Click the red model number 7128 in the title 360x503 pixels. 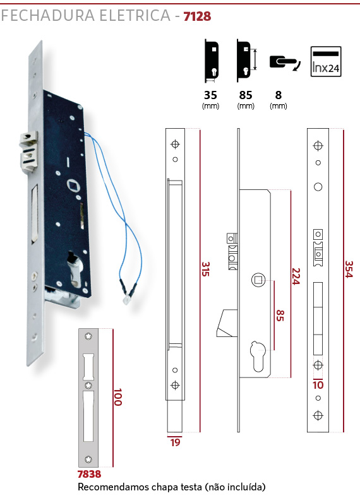tap(197, 16)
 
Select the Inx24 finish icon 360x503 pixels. tap(326, 62)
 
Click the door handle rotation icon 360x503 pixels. tap(285, 62)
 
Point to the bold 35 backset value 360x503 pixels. tap(210, 95)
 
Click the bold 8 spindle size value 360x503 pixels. tap(278, 95)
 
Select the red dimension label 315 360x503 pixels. tap(205, 269)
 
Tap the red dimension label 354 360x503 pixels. tap(349, 269)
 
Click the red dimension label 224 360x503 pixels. tap(296, 276)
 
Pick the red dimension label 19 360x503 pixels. tap(175, 442)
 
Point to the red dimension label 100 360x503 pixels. tap(118, 397)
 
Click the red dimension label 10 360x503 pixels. tap(318, 385)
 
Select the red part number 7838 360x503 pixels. tap(89, 474)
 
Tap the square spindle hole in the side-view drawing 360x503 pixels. tap(258, 280)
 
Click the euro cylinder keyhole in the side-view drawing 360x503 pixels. tap(258, 355)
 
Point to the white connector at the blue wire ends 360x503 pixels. tap(127, 300)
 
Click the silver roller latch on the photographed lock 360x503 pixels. tap(29, 151)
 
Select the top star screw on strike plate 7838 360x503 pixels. tap(88, 336)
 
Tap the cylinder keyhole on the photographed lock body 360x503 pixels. tap(75, 269)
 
